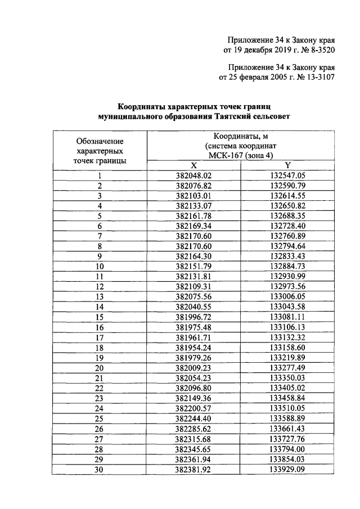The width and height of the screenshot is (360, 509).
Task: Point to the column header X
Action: [193, 165]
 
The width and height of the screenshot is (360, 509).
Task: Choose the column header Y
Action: [287, 165]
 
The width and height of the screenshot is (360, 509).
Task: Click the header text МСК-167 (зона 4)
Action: [240, 155]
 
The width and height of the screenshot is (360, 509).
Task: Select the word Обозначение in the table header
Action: [100, 141]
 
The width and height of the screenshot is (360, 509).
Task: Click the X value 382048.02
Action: [193, 175]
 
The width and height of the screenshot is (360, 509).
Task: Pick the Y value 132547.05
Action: [287, 175]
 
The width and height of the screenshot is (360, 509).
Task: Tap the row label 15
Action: [100, 317]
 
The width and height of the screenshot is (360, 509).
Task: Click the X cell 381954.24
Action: [193, 347]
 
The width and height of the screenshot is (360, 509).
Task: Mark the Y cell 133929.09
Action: [287, 469]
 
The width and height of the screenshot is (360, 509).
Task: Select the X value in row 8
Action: [193, 246]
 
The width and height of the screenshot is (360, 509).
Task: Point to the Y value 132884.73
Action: [287, 266]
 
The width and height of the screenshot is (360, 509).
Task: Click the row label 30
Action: [100, 469]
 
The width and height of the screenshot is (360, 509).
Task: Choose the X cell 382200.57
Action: [193, 408]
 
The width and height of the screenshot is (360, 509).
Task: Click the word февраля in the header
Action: [262, 77]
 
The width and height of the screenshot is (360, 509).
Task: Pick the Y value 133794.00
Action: [287, 449]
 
